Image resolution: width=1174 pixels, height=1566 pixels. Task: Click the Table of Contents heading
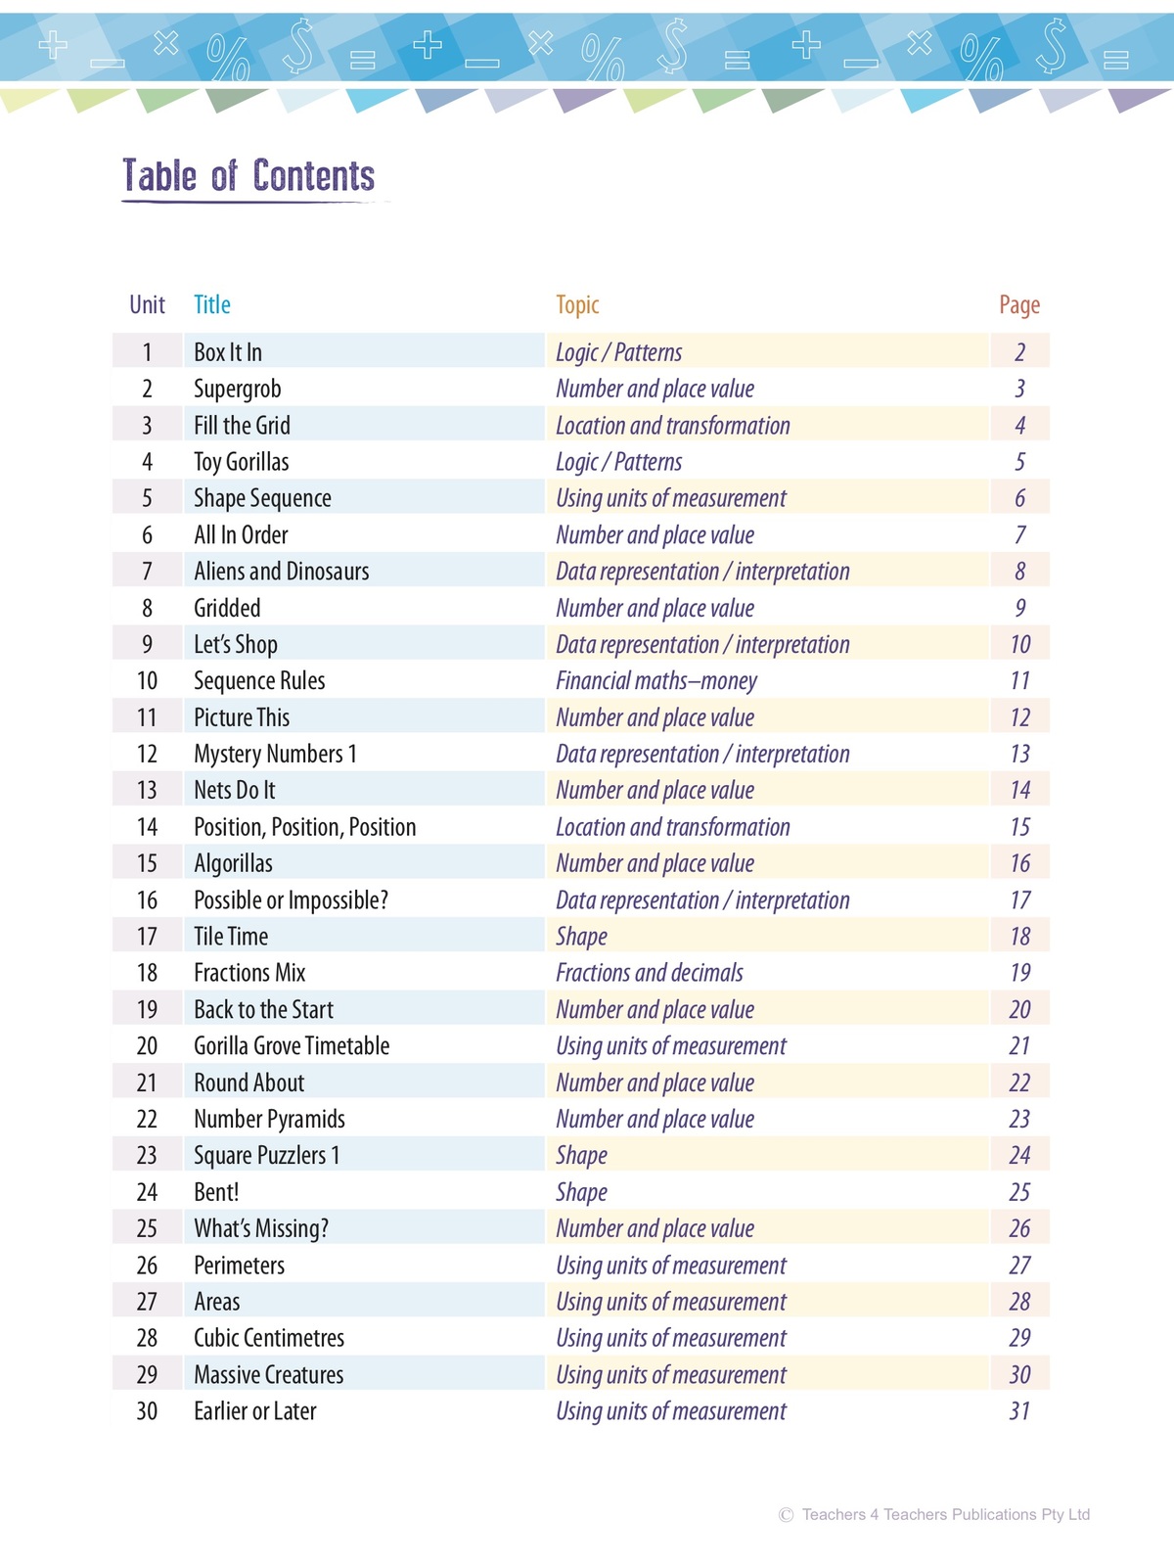(x=248, y=176)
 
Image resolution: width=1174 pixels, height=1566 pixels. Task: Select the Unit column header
(x=147, y=305)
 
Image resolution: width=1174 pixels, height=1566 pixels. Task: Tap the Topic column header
(x=577, y=305)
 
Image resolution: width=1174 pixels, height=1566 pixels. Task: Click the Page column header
(x=1018, y=305)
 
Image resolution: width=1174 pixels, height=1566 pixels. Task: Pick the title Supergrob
(x=238, y=389)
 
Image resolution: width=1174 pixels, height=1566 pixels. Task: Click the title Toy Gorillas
(x=242, y=462)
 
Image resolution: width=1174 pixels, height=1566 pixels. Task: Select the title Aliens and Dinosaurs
(x=282, y=572)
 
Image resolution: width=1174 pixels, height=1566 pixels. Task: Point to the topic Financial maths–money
(x=656, y=681)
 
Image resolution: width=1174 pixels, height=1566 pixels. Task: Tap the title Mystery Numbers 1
(x=275, y=754)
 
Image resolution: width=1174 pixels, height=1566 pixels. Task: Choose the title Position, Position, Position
(x=305, y=827)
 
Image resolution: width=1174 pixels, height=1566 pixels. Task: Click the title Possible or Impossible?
(x=291, y=900)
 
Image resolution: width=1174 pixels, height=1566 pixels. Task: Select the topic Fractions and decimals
(x=650, y=973)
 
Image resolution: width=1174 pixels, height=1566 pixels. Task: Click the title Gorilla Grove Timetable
(x=292, y=1046)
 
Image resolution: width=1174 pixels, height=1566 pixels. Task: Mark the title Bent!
(x=216, y=1192)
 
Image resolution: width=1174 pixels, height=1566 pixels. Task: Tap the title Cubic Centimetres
(x=269, y=1338)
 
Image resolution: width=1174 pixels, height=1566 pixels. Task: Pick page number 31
(x=1019, y=1411)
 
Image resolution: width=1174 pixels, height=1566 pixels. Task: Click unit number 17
(x=147, y=937)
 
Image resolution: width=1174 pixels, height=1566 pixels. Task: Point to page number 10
(x=1019, y=645)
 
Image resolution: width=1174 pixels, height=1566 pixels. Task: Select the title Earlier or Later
(x=255, y=1411)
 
